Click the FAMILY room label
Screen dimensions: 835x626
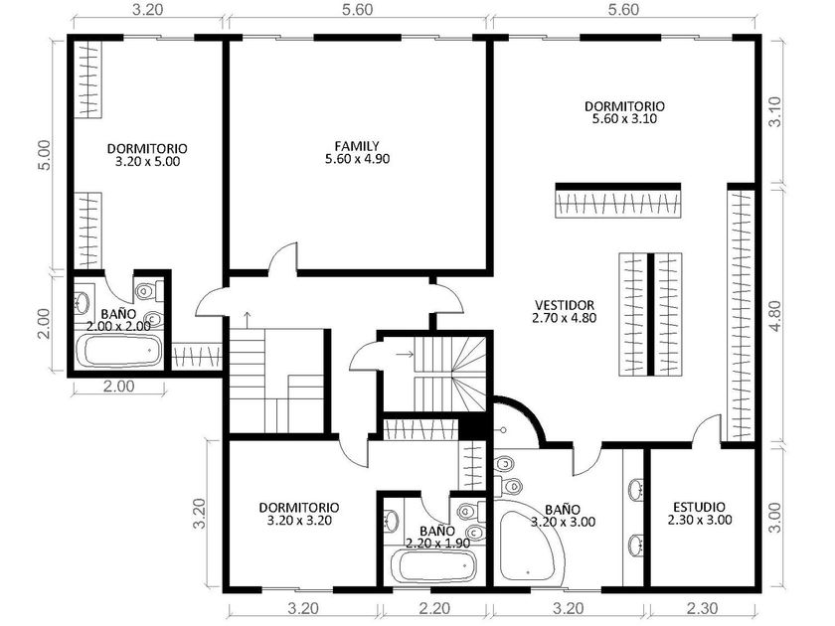pyautogui.click(x=357, y=146)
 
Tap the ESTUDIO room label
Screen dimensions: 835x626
pyautogui.click(x=699, y=508)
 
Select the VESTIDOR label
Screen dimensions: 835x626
pyautogui.click(x=565, y=306)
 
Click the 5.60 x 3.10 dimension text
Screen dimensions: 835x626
pyautogui.click(x=624, y=118)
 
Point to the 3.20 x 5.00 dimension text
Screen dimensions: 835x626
pyautogui.click(x=147, y=161)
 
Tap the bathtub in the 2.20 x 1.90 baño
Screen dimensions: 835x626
pyautogui.click(x=432, y=565)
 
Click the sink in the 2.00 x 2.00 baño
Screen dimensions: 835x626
pyautogui.click(x=82, y=302)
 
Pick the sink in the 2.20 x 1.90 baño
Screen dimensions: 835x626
pyautogui.click(x=392, y=520)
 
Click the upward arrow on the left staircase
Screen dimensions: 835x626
pyautogui.click(x=248, y=319)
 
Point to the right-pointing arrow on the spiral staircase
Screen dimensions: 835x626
pyautogui.click(x=405, y=354)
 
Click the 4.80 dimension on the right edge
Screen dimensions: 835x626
pyautogui.click(x=776, y=316)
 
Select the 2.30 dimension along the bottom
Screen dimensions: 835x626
pyautogui.click(x=703, y=607)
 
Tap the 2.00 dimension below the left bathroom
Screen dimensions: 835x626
pyautogui.click(x=118, y=386)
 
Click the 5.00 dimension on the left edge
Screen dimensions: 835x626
pyautogui.click(x=45, y=155)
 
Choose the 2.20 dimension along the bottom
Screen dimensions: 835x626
pyautogui.click(x=434, y=607)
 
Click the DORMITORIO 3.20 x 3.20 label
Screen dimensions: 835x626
pyautogui.click(x=299, y=514)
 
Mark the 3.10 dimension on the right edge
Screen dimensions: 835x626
pyautogui.click(x=776, y=111)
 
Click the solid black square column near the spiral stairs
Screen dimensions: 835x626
pyautogui.click(x=472, y=427)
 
